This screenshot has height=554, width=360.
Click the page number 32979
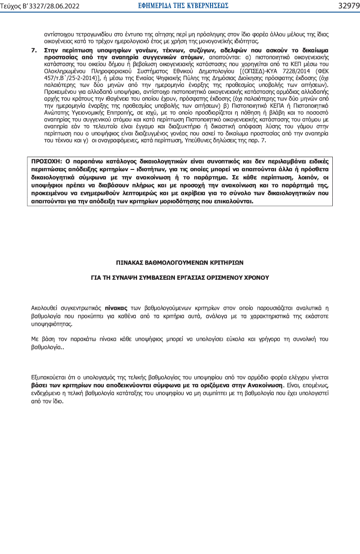point(348,6)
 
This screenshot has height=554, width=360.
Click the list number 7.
point(34,49)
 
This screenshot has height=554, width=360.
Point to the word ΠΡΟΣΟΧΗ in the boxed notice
point(45,162)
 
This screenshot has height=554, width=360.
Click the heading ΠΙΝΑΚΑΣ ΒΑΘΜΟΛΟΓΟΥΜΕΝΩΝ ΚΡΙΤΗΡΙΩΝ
point(180,262)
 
